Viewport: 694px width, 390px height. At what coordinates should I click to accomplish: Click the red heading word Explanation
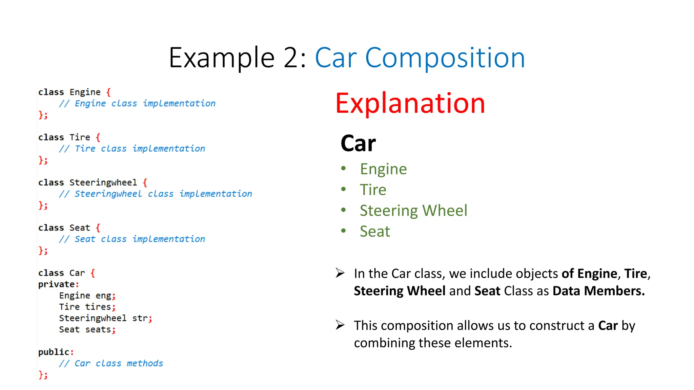click(410, 103)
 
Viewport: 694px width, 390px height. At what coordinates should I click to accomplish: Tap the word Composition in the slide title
click(445, 58)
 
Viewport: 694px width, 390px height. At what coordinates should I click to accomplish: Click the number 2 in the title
click(291, 58)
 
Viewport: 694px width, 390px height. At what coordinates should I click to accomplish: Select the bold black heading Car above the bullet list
click(358, 144)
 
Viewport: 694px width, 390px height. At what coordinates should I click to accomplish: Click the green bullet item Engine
click(383, 169)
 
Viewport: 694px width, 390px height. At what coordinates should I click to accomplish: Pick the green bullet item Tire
click(373, 190)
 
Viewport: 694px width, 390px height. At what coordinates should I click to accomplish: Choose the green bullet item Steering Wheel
click(413, 211)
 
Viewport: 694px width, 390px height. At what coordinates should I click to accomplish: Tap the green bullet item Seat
click(375, 232)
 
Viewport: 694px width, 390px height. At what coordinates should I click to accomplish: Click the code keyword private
click(56, 284)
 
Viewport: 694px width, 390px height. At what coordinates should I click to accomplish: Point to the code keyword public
click(54, 352)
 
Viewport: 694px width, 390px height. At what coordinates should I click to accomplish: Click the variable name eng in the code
click(103, 296)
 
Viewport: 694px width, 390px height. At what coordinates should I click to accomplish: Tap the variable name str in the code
click(140, 318)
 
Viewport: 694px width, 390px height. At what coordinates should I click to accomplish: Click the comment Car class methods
click(119, 363)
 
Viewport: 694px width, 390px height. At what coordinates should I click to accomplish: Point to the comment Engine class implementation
click(145, 103)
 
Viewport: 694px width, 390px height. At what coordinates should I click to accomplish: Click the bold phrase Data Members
click(598, 291)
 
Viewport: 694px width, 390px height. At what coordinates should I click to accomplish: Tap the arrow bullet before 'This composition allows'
click(340, 325)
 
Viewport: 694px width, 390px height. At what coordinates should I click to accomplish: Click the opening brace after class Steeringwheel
click(145, 182)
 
